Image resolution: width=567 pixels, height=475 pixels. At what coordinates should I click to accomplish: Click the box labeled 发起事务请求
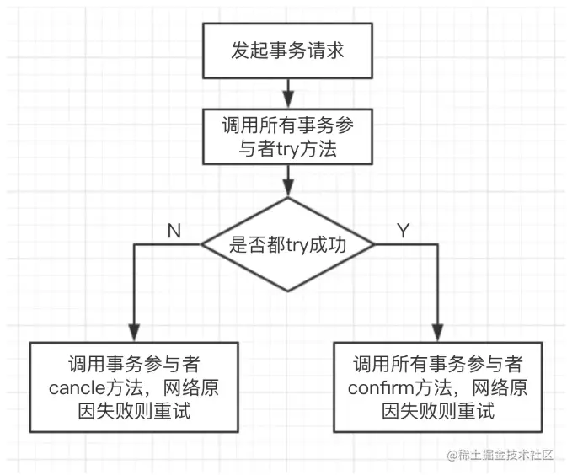pos(288,51)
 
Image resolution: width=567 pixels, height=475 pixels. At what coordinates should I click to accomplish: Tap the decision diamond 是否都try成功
pos(288,244)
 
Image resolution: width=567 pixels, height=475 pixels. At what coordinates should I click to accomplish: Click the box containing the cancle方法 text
pos(133,387)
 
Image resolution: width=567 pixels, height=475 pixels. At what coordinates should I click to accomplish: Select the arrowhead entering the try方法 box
pos(288,101)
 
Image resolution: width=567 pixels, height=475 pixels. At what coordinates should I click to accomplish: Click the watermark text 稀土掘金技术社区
pos(503,455)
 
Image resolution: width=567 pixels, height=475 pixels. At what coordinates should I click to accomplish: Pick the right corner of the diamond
pos(374,244)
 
